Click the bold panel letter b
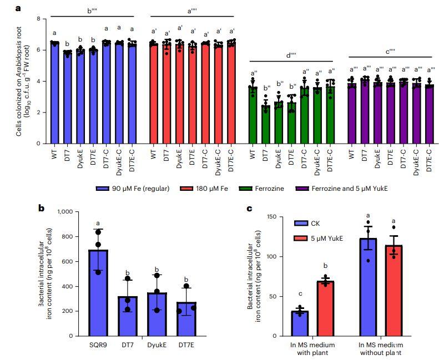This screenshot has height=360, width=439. [x=41, y=209]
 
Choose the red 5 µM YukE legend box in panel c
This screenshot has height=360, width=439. [x=301, y=239]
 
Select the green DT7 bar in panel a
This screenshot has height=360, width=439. [x=266, y=124]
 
